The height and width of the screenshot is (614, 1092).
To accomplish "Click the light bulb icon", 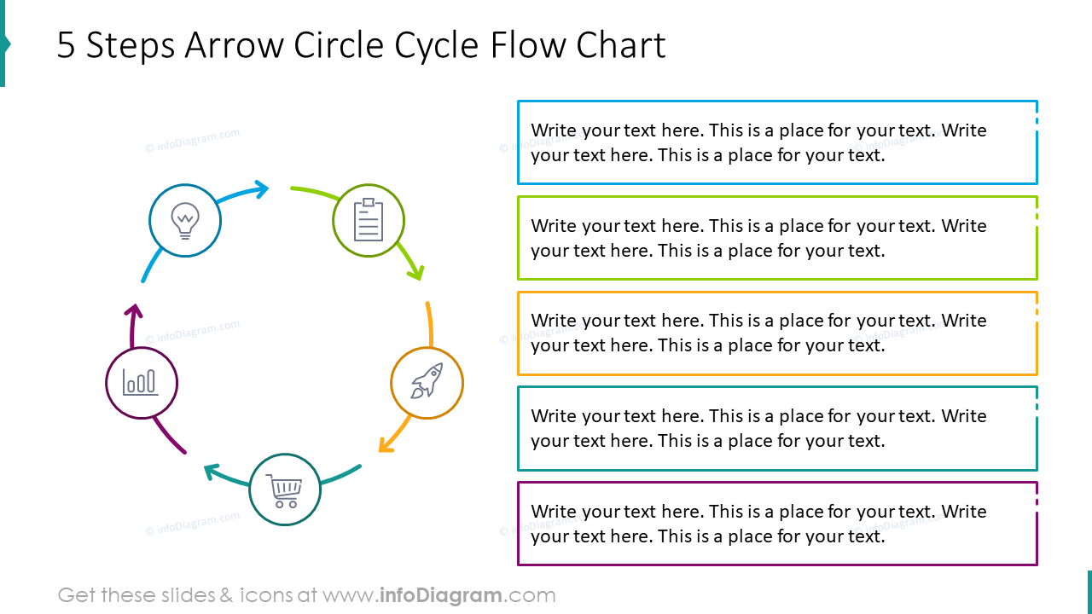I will tap(185, 220).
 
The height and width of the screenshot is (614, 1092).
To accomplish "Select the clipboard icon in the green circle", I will tap(369, 220).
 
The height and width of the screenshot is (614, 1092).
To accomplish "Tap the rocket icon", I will tap(427, 381).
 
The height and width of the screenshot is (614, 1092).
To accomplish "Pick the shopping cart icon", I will tap(285, 490).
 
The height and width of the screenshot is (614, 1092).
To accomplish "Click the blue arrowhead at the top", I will tap(259, 188).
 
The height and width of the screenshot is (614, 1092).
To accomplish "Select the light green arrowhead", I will tap(415, 272).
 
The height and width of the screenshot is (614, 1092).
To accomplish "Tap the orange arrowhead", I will tap(386, 444).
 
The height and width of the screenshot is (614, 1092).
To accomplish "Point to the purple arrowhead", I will tap(133, 312).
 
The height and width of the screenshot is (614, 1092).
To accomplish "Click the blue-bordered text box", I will tap(777, 142).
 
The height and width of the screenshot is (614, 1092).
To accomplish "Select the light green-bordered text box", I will tap(777, 238).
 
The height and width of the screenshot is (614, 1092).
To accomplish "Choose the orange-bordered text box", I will tap(777, 333).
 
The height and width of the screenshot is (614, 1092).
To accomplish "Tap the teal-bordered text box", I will tap(777, 428).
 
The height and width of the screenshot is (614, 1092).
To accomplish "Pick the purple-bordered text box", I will tap(777, 524).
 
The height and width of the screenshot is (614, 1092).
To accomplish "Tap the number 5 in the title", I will tap(67, 46).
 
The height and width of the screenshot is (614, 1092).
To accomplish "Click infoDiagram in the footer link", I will tap(441, 595).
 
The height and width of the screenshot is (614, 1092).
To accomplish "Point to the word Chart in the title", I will tap(620, 46).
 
